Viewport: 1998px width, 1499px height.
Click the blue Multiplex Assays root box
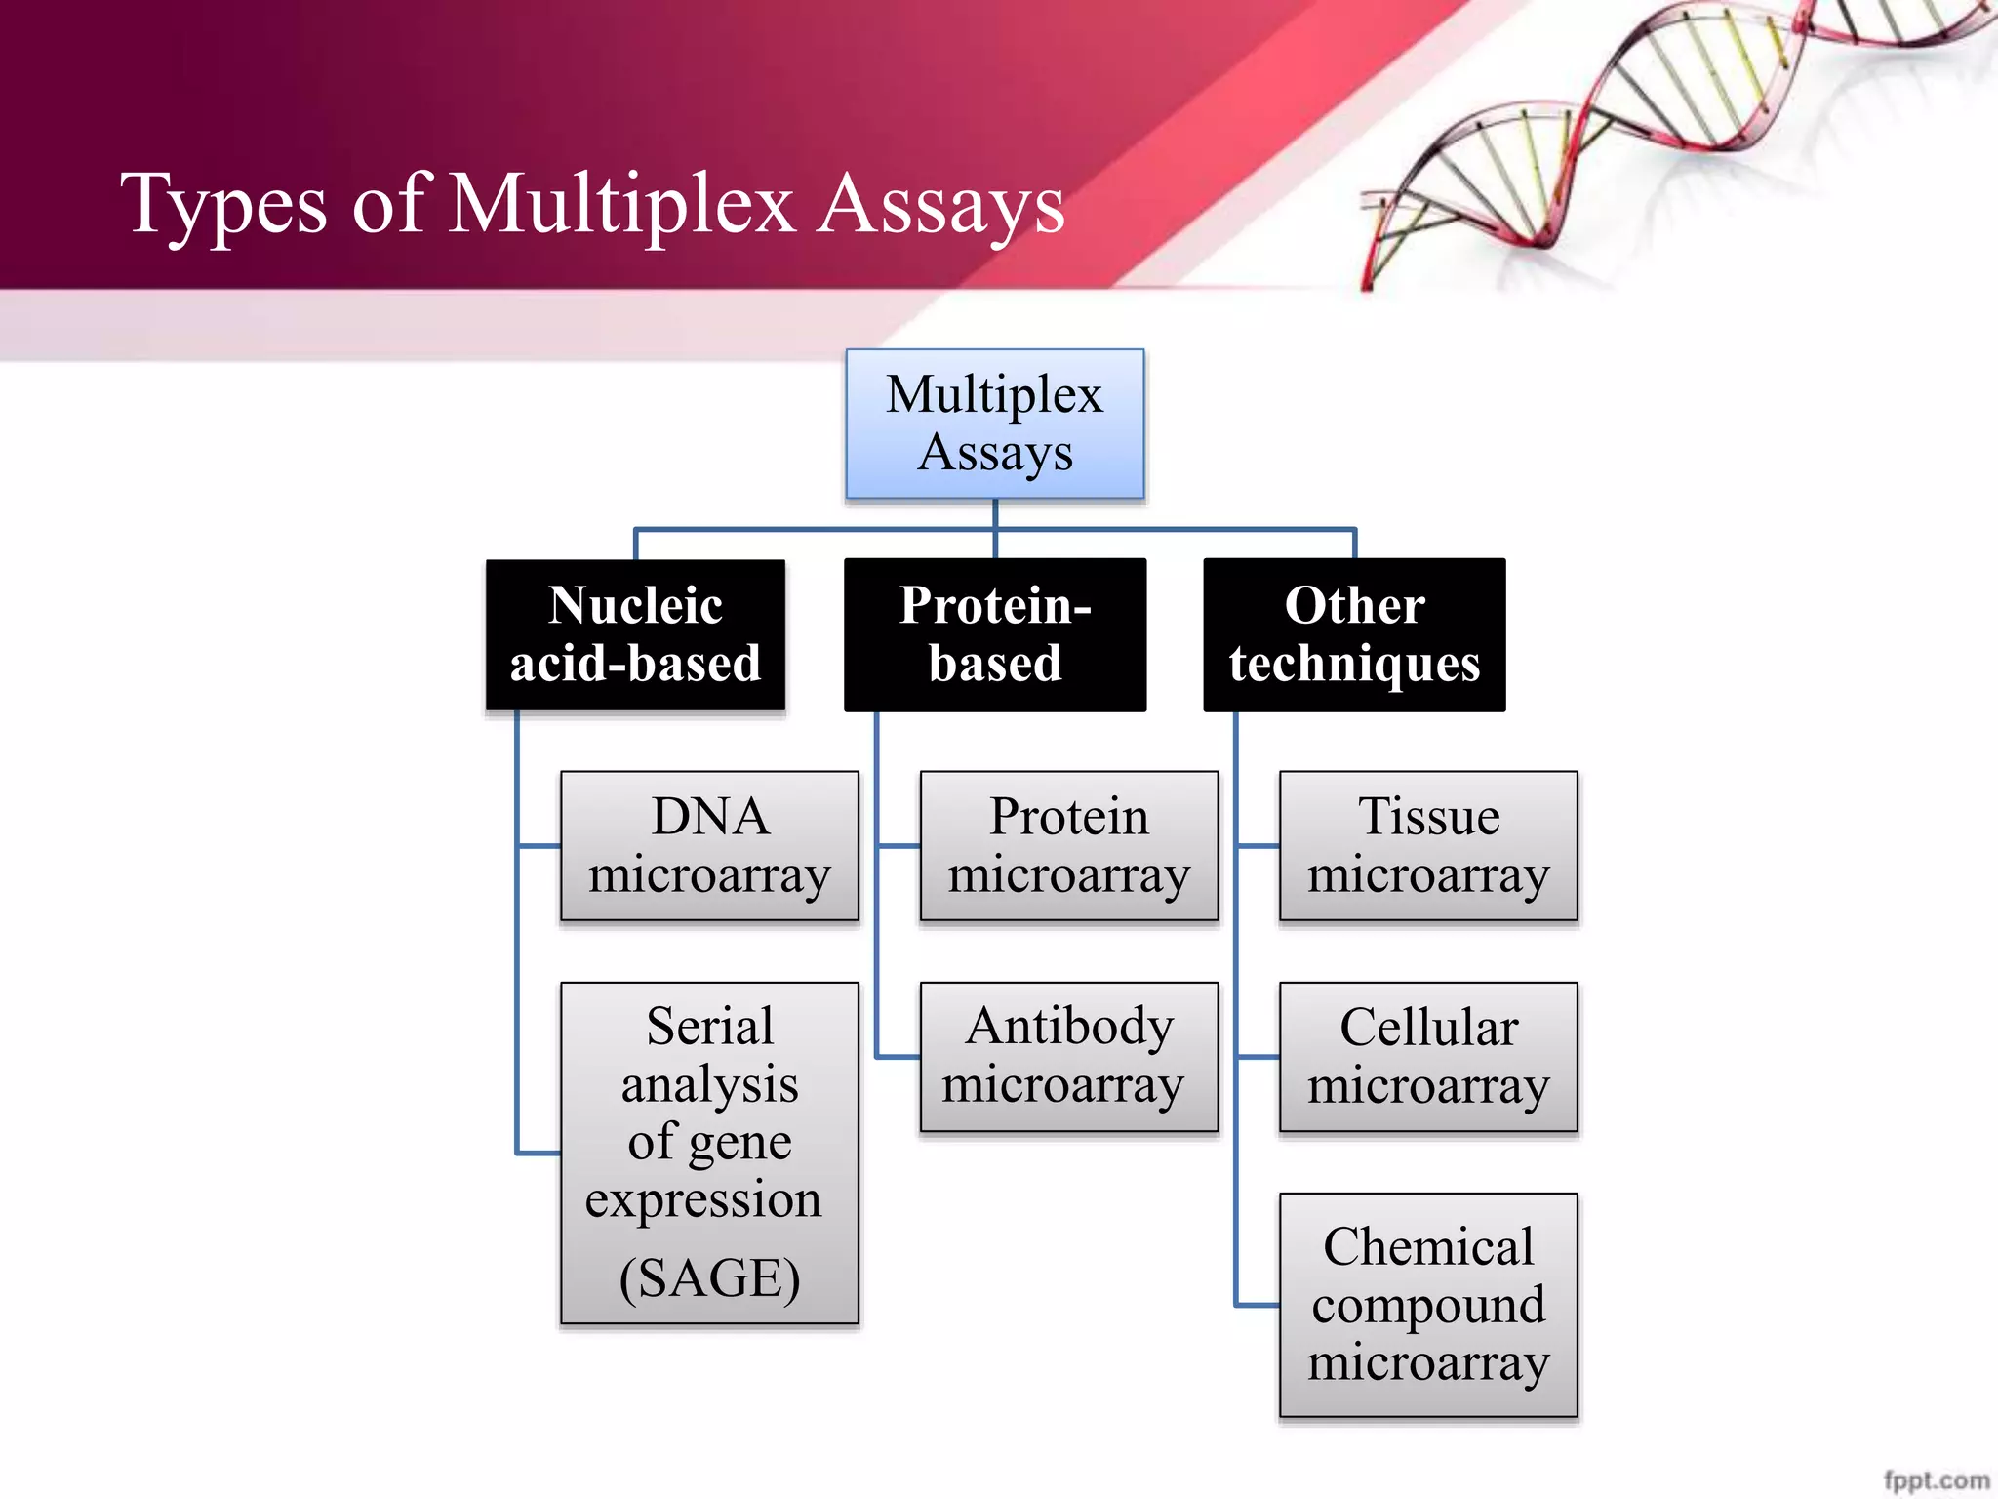pos(994,424)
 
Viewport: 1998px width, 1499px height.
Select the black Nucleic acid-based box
pos(635,634)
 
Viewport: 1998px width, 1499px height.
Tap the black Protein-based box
pos(994,634)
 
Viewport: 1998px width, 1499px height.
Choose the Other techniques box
pos(1354,634)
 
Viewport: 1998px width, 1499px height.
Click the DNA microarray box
pos(709,845)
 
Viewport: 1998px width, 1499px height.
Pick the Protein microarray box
pos(1068,845)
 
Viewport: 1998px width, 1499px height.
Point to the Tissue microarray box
pos(1428,845)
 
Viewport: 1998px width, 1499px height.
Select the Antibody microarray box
pos(1068,1056)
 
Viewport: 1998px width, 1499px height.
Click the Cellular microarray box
pos(1428,1056)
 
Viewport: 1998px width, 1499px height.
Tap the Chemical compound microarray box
pos(1428,1304)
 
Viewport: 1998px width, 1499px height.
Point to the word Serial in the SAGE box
pos(709,1027)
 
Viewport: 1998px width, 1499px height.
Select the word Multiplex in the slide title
pos(621,205)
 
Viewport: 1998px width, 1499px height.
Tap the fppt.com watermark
pos(1936,1479)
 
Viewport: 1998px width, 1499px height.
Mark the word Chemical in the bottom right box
pos(1428,1246)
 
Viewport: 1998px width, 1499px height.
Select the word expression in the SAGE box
pos(703,1200)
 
